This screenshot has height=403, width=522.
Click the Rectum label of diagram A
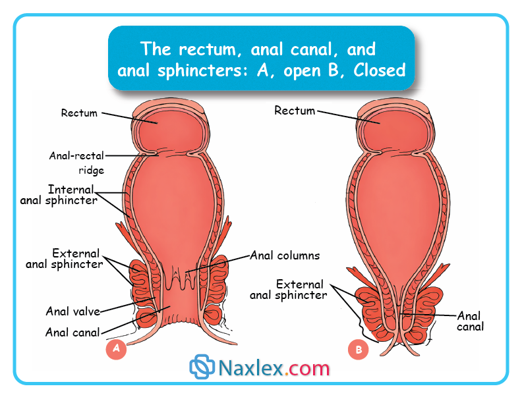tap(79, 113)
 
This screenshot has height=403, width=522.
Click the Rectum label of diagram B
tap(295, 111)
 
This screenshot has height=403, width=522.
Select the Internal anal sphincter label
tap(59, 195)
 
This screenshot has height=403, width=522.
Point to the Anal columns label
tap(285, 255)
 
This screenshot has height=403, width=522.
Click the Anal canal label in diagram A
tap(72, 332)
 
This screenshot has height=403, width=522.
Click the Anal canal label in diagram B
tap(470, 321)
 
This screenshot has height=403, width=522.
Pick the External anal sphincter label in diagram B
tap(288, 290)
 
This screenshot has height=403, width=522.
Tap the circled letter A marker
tap(116, 349)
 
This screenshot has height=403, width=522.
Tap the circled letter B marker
tap(359, 350)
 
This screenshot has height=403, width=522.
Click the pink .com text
tap(308, 367)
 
